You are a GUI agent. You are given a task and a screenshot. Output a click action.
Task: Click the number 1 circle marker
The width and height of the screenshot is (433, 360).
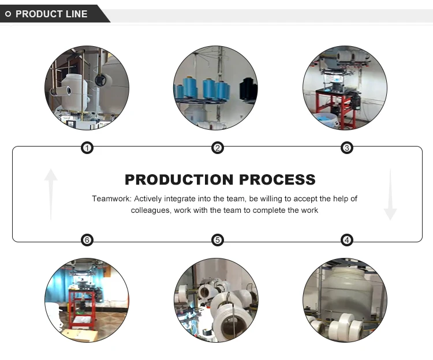pos(87,148)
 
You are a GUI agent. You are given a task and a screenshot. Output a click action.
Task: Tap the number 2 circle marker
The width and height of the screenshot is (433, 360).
pos(218,148)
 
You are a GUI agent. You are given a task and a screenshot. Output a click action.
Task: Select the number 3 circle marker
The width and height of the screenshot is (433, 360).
pos(347,148)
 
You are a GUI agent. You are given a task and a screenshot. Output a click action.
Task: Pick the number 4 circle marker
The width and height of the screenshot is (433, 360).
pos(347,240)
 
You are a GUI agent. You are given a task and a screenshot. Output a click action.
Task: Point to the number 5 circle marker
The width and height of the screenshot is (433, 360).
pos(218,240)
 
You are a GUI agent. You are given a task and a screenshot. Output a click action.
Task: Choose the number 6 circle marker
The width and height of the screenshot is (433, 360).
pos(87,240)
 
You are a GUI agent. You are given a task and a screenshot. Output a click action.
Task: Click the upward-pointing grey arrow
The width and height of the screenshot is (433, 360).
pos(51,194)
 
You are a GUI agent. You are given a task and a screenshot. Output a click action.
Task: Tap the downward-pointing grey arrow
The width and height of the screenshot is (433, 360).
pos(390,194)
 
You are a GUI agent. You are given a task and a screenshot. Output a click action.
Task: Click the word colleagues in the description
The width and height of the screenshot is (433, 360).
pos(150,211)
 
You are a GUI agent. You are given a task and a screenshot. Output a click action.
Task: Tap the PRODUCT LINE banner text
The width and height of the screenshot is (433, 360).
pos(51,14)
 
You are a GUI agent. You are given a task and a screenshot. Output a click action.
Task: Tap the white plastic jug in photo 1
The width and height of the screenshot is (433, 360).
pos(72,93)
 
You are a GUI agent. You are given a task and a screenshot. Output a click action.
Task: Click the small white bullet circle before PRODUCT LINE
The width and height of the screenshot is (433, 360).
pos(8,14)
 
